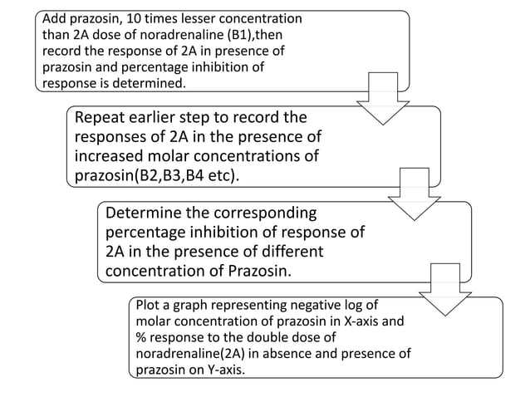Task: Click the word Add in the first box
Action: [55, 17]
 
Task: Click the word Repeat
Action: [101, 117]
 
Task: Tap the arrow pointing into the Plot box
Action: [445, 288]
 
